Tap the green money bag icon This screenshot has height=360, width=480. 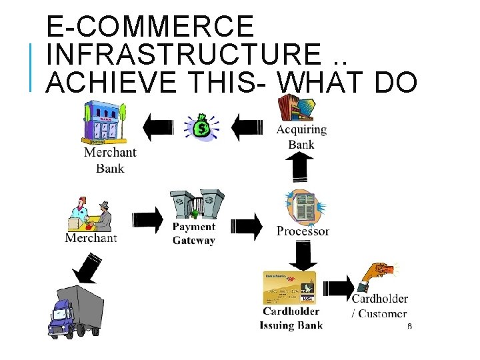(x=201, y=126)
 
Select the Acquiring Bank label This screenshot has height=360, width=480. (x=301, y=137)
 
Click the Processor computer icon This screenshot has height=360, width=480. (x=301, y=206)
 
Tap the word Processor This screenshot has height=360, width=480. (x=303, y=231)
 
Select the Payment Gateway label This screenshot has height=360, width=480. (x=194, y=233)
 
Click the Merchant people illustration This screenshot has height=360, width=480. (x=91, y=213)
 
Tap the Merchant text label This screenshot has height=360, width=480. (x=91, y=238)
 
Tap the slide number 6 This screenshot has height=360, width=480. (x=409, y=327)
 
